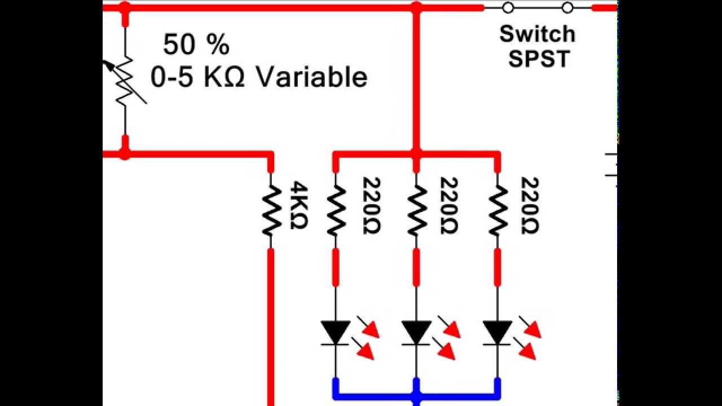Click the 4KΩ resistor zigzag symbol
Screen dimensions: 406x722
[x=271, y=210]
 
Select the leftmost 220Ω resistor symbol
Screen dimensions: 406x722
[x=336, y=210]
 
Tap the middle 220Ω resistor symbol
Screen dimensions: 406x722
[x=416, y=210]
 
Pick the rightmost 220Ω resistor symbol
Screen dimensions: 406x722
[x=498, y=210]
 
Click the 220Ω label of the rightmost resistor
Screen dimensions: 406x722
[x=530, y=205]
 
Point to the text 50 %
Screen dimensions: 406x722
[x=196, y=45]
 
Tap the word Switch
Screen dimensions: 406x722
[x=537, y=34]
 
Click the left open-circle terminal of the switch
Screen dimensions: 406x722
[x=508, y=8]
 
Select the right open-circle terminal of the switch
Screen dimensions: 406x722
[x=568, y=8]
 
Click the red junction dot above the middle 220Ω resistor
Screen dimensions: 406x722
[x=416, y=153]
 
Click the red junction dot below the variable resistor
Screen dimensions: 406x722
[x=125, y=153]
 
